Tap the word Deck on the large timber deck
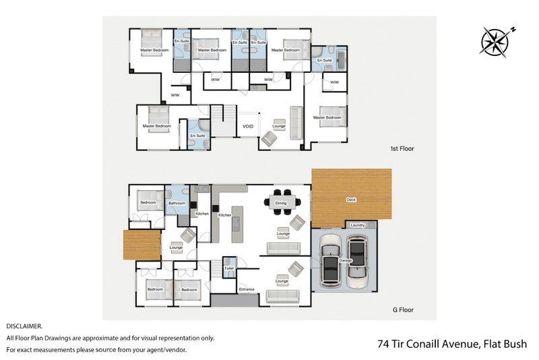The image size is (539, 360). click(351, 200)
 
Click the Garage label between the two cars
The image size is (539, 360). click(346, 260)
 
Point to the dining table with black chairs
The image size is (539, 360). click(280, 201)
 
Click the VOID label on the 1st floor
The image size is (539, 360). click(247, 126)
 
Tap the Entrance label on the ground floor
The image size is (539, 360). click(247, 289)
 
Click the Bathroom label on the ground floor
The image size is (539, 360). click(177, 203)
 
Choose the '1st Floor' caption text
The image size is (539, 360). click(402, 148)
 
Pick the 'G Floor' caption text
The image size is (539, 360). click(403, 310)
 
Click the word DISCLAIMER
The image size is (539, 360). click(24, 326)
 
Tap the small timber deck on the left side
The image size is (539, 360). click(141, 244)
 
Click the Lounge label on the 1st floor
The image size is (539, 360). click(279, 126)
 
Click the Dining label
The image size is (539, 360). click(280, 203)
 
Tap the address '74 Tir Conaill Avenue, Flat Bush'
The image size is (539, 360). click(451, 344)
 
